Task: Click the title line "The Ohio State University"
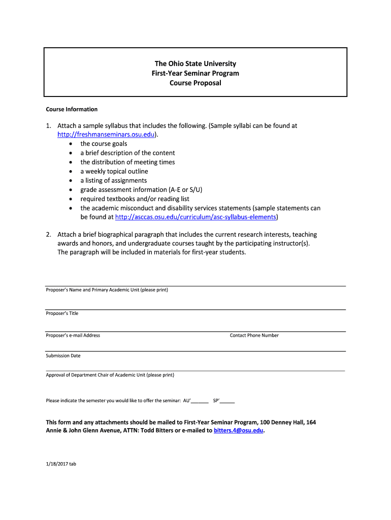coord(195,64)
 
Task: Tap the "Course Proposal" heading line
coord(195,83)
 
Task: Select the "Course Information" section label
coord(72,109)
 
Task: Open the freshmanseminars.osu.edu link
coord(106,135)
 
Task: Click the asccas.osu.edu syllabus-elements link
coord(196,217)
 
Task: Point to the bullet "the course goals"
coord(104,144)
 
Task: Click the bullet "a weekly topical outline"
coord(114,171)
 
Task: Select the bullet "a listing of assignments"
coord(113,180)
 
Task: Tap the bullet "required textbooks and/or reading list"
coord(135,199)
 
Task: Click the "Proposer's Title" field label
coord(62,313)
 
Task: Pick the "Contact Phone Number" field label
coord(254,335)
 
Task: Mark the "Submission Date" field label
coord(63,355)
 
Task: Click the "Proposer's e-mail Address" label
coord(73,335)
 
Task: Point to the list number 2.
coord(48,235)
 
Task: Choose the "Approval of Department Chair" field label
coord(110,375)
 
